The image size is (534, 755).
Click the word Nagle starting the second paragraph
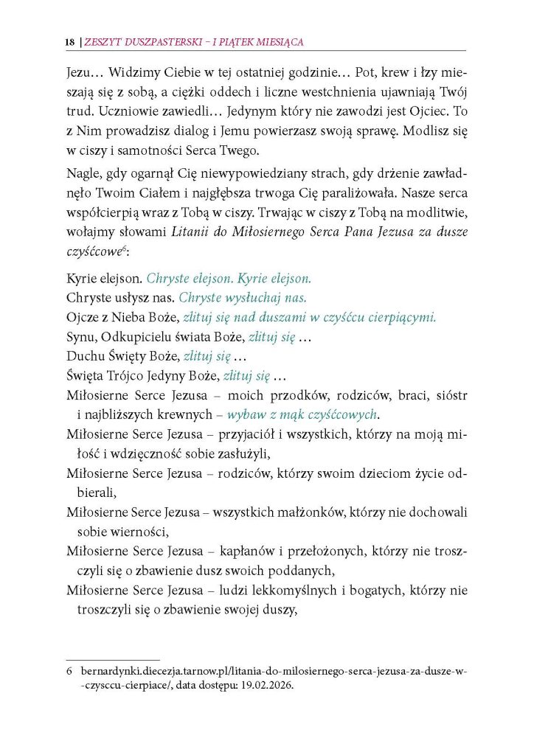point(83,175)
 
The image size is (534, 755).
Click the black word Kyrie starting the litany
point(81,280)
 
